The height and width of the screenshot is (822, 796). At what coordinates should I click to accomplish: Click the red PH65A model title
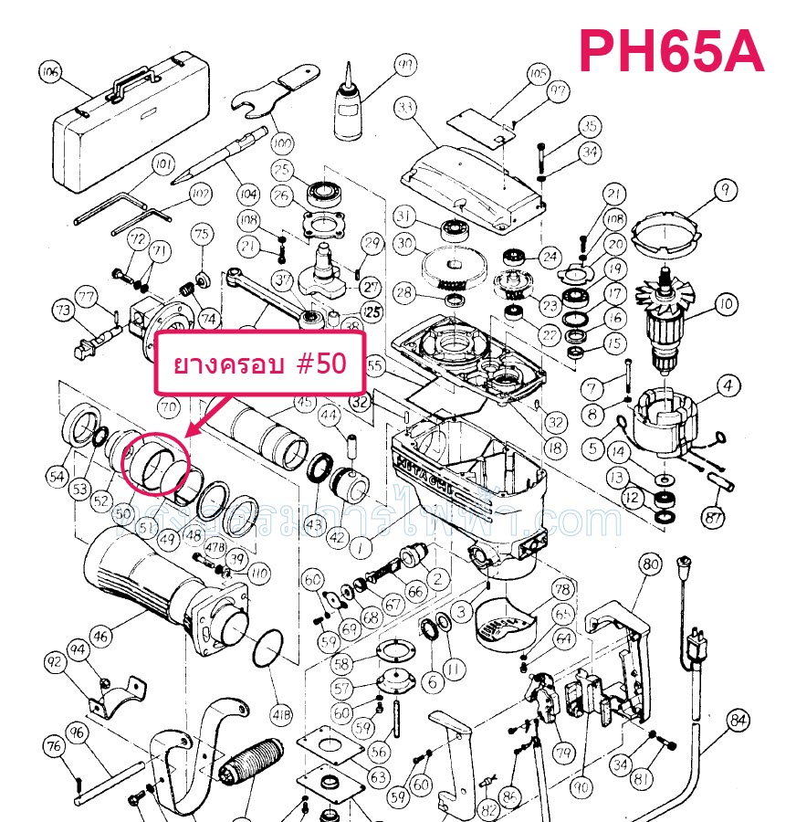coord(671,52)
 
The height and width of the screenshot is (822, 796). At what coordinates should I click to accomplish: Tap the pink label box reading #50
coord(261,364)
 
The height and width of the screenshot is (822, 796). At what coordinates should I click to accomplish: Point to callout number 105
coord(538,74)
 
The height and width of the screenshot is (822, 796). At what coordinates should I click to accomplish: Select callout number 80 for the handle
coord(649,564)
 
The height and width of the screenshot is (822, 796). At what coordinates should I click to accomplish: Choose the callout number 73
coord(62,311)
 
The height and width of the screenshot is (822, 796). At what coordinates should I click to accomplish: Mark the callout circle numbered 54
coord(58,474)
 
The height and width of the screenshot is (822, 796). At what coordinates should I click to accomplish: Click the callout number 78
coord(561,589)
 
